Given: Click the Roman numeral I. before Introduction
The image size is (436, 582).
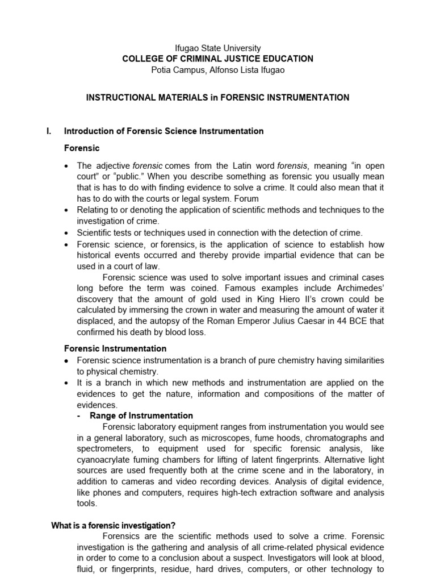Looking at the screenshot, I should (x=49, y=131).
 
